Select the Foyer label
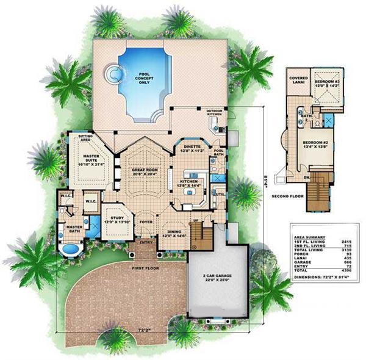pyautogui.click(x=146, y=223)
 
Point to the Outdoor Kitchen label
pyautogui.click(x=214, y=113)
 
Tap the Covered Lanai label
pyautogui.click(x=299, y=80)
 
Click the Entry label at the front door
pyautogui.click(x=146, y=242)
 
